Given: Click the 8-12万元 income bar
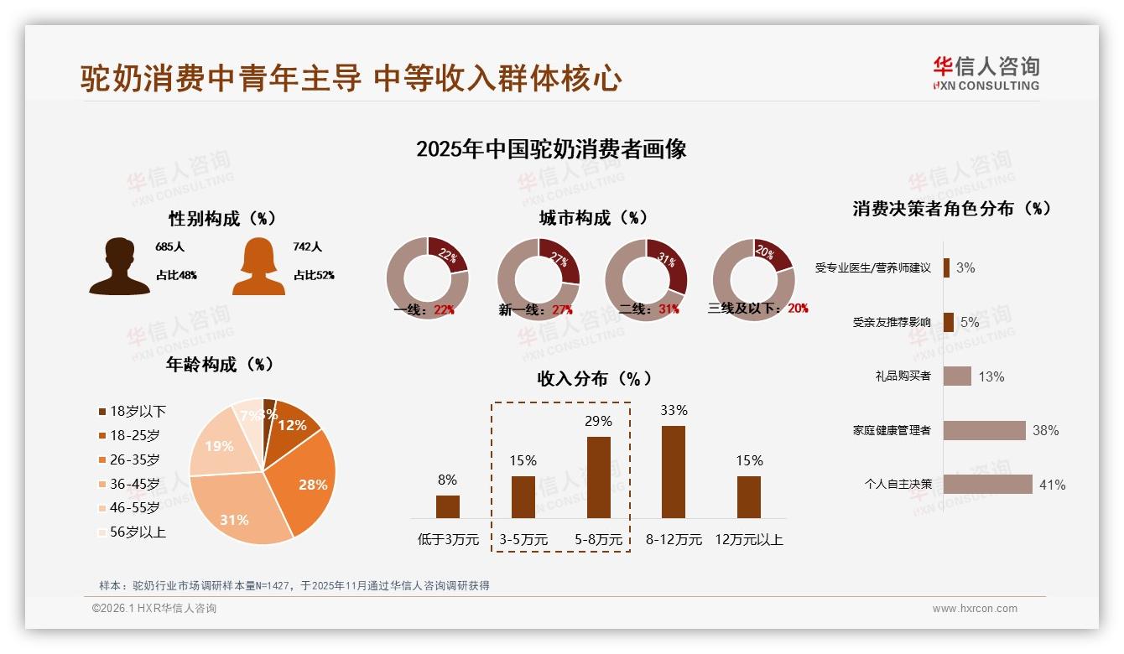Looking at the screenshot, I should [x=674, y=472].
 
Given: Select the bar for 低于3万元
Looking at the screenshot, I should [x=448, y=506].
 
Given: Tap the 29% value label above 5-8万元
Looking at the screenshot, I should [x=598, y=421].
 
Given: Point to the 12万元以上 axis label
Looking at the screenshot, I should [x=748, y=540].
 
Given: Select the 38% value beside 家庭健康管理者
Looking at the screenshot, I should [x=1045, y=431].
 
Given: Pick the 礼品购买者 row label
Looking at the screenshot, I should [x=903, y=376].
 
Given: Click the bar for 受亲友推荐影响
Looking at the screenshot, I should [x=949, y=322].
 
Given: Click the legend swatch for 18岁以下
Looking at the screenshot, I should [x=102, y=412].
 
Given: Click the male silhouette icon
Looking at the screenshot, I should [x=119, y=267].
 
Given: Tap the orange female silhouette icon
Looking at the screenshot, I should [x=258, y=267].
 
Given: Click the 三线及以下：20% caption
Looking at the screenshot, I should [x=757, y=309].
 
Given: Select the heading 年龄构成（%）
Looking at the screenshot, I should [x=221, y=365].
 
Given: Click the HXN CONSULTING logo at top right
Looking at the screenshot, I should [x=986, y=74].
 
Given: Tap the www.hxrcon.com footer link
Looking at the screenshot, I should [x=974, y=609].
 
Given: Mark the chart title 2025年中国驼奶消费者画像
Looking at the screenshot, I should [x=551, y=149].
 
